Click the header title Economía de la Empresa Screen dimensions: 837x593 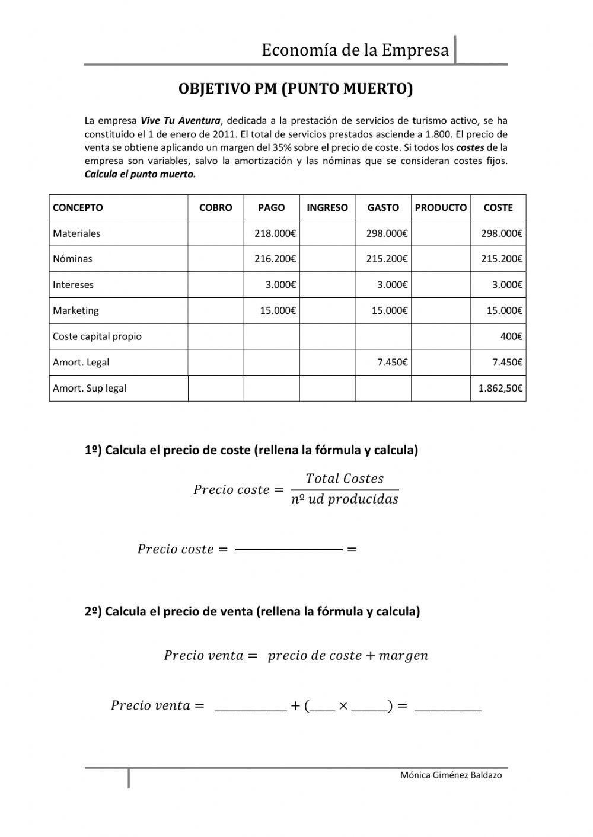click(355, 50)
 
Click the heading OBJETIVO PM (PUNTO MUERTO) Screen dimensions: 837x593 click(295, 89)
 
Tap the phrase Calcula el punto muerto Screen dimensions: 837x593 click(140, 174)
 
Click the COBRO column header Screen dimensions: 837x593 click(215, 208)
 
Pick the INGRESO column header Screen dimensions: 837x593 click(327, 208)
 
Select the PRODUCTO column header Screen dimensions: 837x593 click(441, 208)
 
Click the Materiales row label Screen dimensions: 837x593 click(76, 233)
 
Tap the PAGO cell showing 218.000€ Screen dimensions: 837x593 click(275, 233)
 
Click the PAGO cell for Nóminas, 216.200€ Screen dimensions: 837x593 click(275, 259)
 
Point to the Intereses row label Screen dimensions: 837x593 click(73, 285)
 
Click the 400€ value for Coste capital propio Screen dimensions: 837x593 click(511, 336)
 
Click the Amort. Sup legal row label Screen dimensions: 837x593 click(90, 389)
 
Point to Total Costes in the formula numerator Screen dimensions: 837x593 click(345, 479)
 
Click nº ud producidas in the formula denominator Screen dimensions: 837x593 click(345, 499)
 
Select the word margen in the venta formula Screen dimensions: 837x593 click(403, 656)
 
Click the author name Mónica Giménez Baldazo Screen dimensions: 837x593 click(451, 775)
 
